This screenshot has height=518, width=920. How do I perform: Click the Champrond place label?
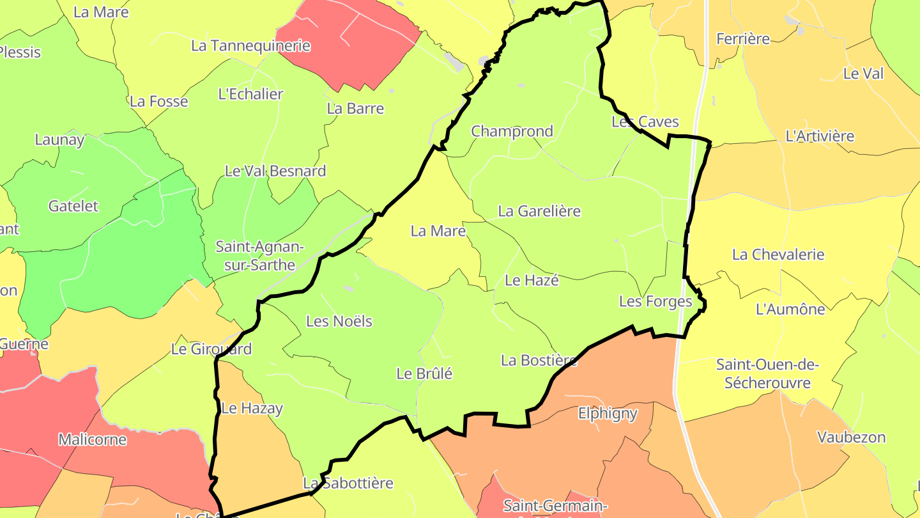tap(512, 132)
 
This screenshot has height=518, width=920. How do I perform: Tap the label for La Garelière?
tap(539, 211)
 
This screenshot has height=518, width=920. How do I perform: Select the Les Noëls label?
tap(339, 321)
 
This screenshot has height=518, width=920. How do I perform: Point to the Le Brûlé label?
tap(424, 373)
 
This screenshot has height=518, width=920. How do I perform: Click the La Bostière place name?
tap(539, 361)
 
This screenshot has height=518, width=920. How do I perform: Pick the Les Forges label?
tap(655, 301)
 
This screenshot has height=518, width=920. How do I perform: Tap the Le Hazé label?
tap(532, 280)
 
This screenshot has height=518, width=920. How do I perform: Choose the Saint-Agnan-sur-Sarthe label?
tap(259, 256)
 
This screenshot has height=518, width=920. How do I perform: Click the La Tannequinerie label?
tap(250, 46)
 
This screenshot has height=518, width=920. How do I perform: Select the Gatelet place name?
tap(73, 206)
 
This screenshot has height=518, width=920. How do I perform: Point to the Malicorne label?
tap(92, 440)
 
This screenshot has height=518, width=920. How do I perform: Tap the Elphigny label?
tap(608, 413)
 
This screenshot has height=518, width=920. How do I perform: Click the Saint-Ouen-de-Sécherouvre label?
tap(767, 374)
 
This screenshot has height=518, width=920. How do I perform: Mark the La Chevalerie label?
tap(778, 255)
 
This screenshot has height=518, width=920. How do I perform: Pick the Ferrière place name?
tap(743, 39)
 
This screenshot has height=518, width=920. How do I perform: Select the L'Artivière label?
tap(819, 136)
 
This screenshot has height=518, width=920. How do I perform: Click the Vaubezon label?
tap(851, 437)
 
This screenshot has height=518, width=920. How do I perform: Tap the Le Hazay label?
tap(252, 408)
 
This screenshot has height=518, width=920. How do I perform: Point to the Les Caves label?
tap(645, 122)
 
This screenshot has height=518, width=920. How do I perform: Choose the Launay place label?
tap(59, 140)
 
